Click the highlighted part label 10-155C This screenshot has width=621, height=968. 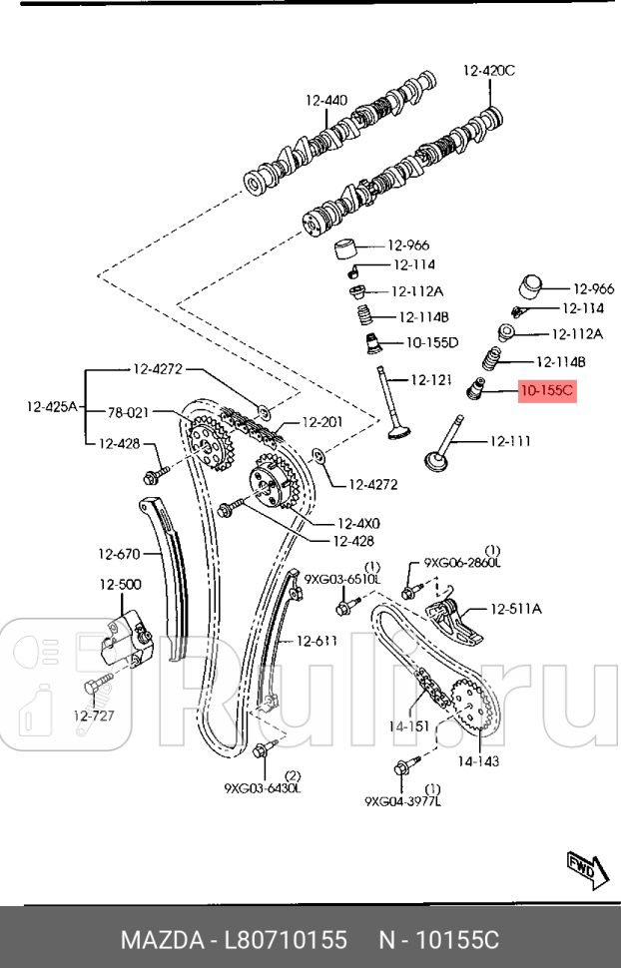546,390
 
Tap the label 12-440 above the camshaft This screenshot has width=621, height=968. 326,100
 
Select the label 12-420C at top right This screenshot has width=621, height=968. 488,70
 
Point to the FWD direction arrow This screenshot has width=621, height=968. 582,870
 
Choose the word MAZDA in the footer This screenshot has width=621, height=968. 159,940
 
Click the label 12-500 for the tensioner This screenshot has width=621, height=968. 119,585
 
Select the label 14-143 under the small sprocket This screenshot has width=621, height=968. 478,760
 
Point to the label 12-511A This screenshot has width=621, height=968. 515,608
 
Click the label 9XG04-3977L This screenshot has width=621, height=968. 402,800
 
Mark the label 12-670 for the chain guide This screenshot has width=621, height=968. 119,554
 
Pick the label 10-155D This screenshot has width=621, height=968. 432,342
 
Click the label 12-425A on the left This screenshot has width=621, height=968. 51,406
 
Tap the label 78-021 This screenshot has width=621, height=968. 128,411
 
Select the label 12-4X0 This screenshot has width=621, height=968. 358,522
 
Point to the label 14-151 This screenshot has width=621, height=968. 408,726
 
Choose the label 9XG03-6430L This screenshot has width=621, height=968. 263,787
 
